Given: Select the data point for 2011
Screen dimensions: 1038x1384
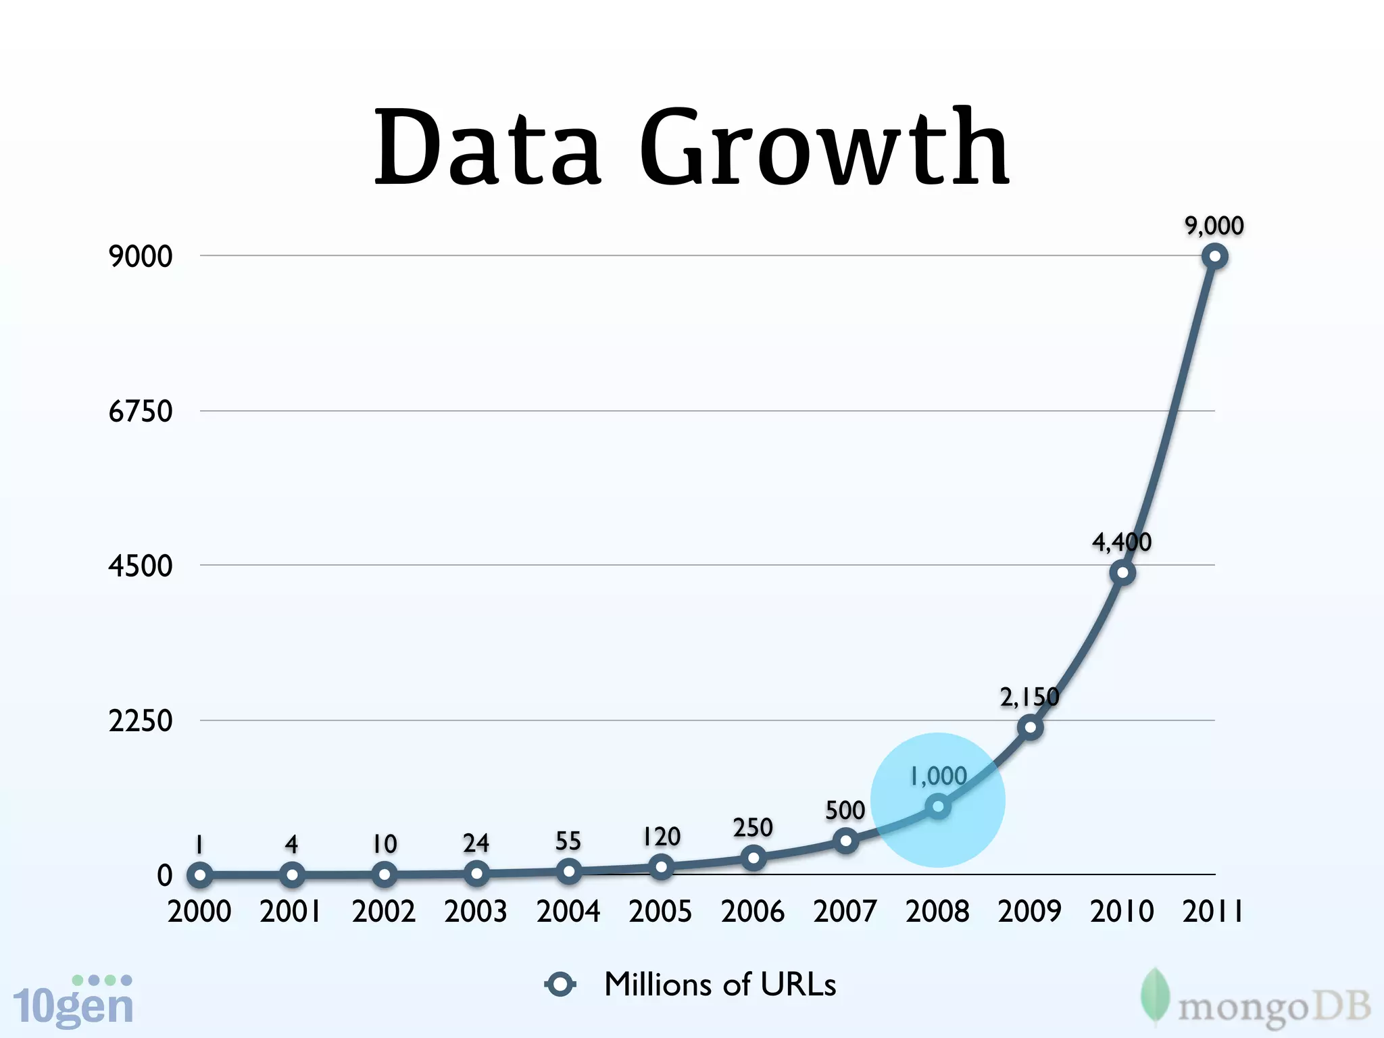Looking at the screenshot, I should pos(1214,257).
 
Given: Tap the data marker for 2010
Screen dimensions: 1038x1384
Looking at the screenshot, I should pos(1122,573).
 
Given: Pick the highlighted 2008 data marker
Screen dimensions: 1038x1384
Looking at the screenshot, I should pos(938,806).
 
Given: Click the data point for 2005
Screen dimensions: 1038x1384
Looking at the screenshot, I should pos(661,866).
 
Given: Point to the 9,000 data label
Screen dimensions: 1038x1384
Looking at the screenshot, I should pos(1214,226).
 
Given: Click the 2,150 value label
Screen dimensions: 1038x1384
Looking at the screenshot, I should pos(1029,697).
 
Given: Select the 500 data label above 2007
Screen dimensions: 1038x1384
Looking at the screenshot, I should pos(845,810).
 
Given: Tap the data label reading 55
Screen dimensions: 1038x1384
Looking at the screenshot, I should pos(568,841).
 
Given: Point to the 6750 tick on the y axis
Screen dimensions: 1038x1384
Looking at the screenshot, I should pos(141,411).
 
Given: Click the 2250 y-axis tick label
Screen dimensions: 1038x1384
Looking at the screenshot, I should pos(141,721).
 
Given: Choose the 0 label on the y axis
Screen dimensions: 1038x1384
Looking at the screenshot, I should pos(164,876).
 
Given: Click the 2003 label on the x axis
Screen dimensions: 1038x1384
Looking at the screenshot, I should pos(476,912).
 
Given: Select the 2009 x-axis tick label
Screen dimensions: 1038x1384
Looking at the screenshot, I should pos(1029,912).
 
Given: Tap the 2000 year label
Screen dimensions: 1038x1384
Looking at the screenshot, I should pos(199,912).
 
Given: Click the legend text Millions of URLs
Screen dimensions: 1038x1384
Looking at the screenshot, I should pos(720,985).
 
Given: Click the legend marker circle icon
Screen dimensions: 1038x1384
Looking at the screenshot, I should pos(560,985).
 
